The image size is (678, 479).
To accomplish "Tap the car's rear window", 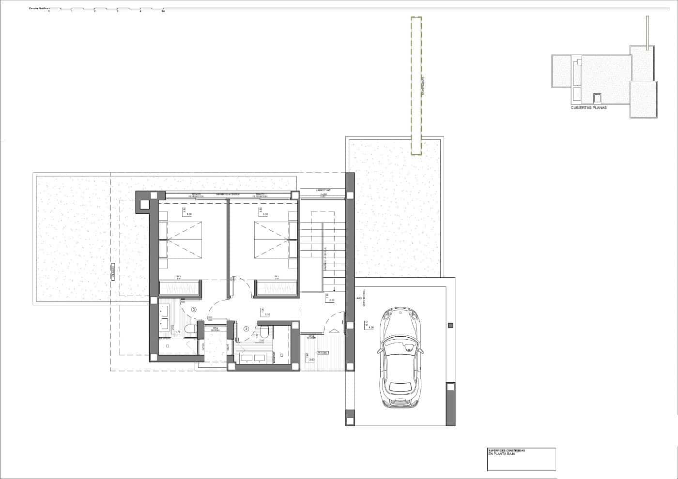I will click(401, 387).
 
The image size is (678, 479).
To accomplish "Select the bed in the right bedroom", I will click(271, 239).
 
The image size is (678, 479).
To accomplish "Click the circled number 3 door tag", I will click(194, 309).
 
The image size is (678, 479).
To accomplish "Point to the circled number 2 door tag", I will click(246, 329).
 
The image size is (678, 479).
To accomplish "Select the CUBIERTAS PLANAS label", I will click(588, 108).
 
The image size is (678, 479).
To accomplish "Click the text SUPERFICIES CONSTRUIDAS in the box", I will click(507, 450).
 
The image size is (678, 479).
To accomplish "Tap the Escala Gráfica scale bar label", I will click(38, 9).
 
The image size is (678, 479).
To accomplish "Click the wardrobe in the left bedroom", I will click(180, 288).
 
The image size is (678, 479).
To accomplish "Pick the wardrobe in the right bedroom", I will click(277, 288).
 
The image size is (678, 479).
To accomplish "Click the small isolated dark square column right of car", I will click(451, 325).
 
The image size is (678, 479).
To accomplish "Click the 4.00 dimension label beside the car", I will click(371, 328).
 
